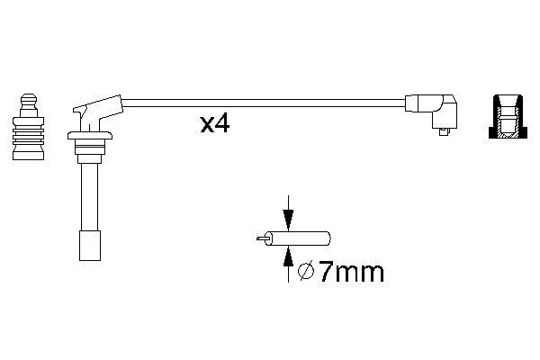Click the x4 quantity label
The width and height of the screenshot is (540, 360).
tap(215, 124)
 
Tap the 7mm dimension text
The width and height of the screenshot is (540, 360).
tap(351, 272)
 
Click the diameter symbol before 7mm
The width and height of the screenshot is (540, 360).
tap(306, 272)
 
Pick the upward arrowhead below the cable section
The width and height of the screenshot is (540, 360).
tap(288, 256)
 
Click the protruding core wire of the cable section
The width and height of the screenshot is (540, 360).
tap(261, 238)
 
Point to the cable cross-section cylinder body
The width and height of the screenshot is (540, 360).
tap(298, 238)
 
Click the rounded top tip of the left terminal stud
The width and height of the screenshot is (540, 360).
tap(29, 97)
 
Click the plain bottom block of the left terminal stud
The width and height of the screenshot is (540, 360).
tap(28, 152)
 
